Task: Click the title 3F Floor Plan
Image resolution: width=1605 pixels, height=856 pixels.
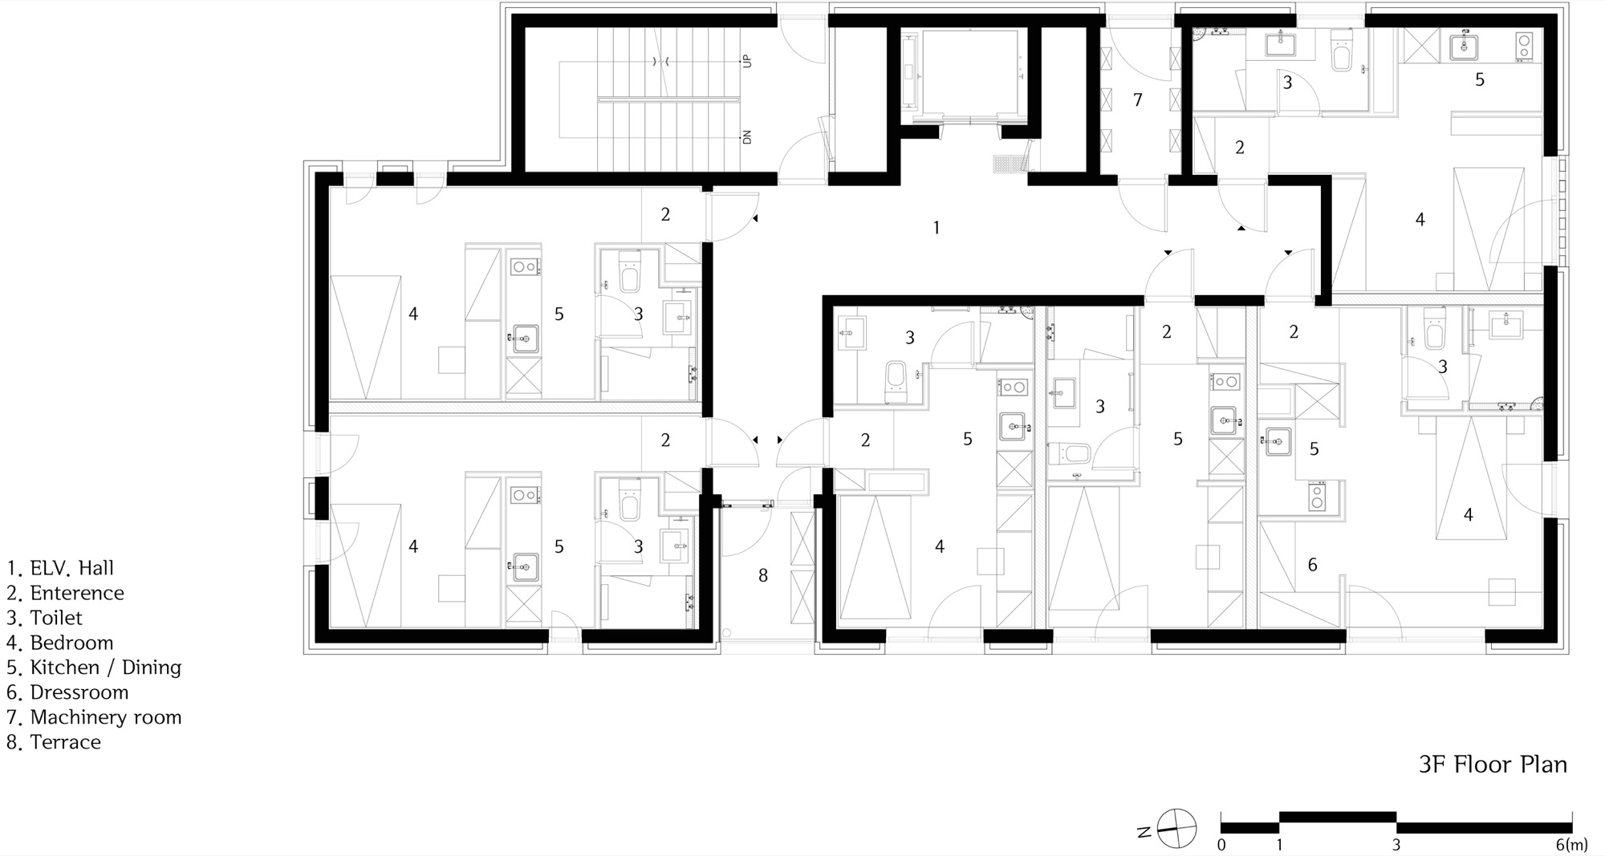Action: pyautogui.click(x=1493, y=765)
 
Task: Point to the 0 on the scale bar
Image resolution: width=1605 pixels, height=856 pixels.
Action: pyautogui.click(x=1221, y=845)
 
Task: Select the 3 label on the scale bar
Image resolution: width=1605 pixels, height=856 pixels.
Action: pyautogui.click(x=1396, y=845)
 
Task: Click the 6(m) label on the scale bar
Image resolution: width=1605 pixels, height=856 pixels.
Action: pyautogui.click(x=1571, y=845)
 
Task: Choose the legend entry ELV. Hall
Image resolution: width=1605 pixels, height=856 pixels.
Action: pyautogui.click(x=60, y=568)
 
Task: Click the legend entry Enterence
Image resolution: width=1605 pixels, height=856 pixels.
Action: pyautogui.click(x=65, y=593)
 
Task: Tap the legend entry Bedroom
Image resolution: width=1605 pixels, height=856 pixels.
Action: pyautogui.click(x=60, y=643)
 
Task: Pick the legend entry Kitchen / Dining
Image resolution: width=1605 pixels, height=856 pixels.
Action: pyautogui.click(x=94, y=667)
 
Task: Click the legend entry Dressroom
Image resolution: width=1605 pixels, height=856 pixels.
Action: pyautogui.click(x=67, y=692)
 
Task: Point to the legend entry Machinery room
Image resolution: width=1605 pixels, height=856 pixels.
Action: pyautogui.click(x=94, y=717)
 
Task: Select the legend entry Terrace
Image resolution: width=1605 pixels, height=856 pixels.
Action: pyautogui.click(x=54, y=742)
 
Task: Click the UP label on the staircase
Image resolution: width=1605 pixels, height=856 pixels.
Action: pyautogui.click(x=747, y=61)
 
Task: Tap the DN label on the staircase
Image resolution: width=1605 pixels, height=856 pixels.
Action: pyautogui.click(x=747, y=137)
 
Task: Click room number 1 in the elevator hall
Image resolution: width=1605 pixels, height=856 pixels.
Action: pyautogui.click(x=936, y=228)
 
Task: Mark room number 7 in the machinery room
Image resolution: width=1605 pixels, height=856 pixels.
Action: pyautogui.click(x=1137, y=100)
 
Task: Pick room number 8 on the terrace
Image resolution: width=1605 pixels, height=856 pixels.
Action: pyautogui.click(x=763, y=575)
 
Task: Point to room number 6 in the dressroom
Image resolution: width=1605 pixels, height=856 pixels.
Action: pyautogui.click(x=1313, y=565)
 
